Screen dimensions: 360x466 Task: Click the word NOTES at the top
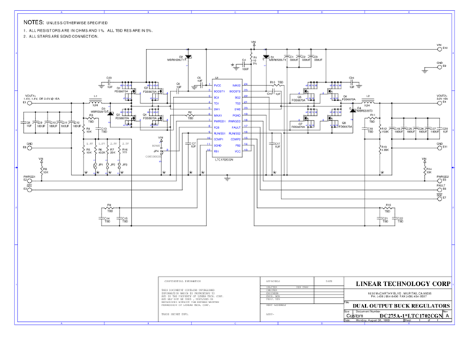35,23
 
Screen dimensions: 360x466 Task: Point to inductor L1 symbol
95,100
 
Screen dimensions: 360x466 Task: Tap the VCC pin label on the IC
237,151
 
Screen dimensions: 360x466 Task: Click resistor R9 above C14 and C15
108,210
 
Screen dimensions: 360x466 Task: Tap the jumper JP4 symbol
161,150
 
